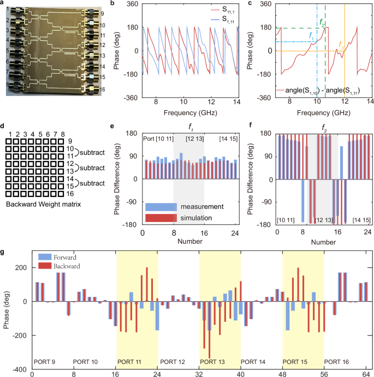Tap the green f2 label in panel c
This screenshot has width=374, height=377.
322,23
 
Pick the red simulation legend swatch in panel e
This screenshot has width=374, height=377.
162,218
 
